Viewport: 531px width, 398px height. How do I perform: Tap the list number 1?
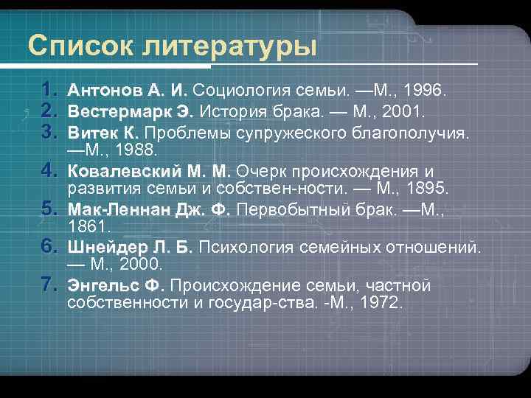pyautogui.click(x=49, y=91)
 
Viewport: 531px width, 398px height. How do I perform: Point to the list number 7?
pyautogui.click(x=49, y=284)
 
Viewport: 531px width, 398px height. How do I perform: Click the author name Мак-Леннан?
pyautogui.click(x=119, y=210)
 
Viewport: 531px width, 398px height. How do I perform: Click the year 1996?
pyautogui.click(x=424, y=91)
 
